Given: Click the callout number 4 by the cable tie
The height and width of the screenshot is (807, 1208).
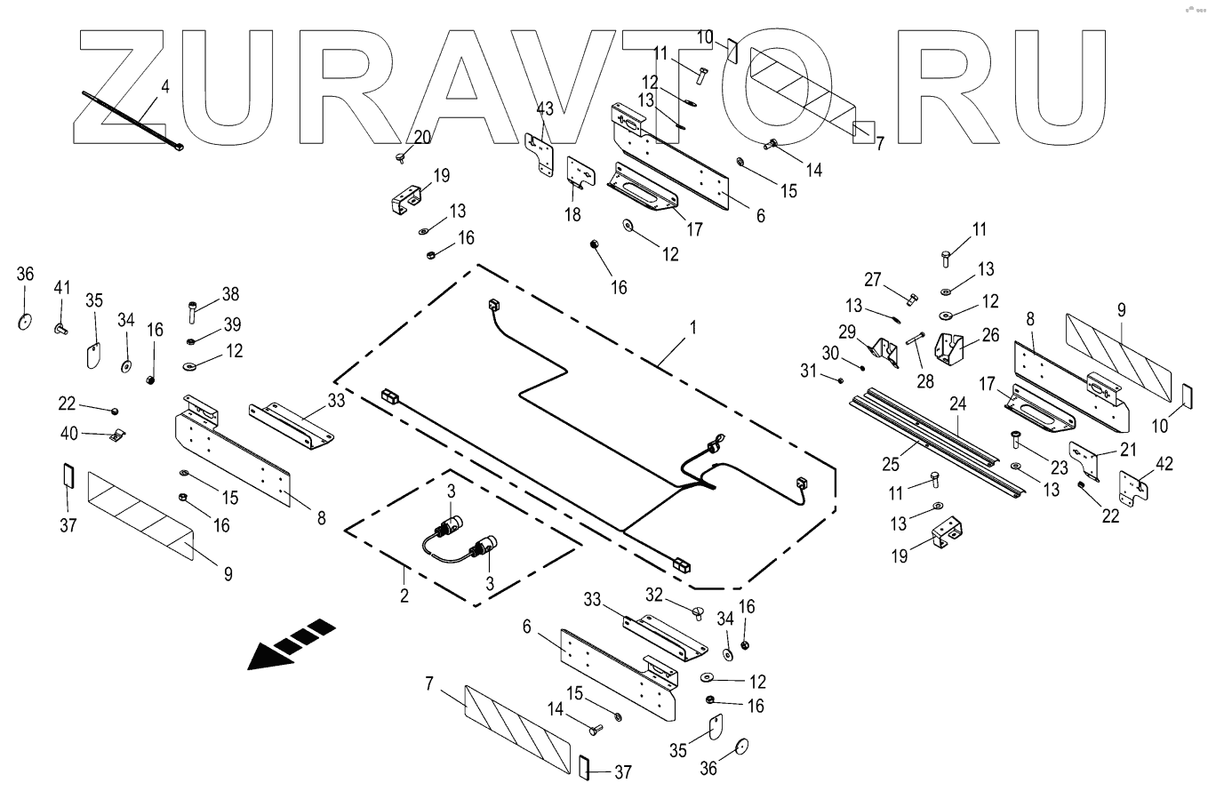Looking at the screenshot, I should pyautogui.click(x=164, y=87).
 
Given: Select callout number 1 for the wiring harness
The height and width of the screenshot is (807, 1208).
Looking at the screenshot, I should pyautogui.click(x=693, y=328).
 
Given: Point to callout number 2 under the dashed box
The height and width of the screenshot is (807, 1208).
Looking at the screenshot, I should pyautogui.click(x=404, y=595).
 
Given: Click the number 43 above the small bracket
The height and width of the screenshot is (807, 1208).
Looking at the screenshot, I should pyautogui.click(x=544, y=108).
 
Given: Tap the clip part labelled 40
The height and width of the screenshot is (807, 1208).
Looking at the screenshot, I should pyautogui.click(x=115, y=435).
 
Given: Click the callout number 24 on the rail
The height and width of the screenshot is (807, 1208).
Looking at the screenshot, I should pyautogui.click(x=957, y=403).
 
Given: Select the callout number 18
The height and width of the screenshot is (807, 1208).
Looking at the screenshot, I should pyautogui.click(x=572, y=214).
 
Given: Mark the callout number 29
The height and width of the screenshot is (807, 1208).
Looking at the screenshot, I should pyautogui.click(x=847, y=332).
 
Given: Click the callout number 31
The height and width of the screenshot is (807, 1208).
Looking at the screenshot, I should pyautogui.click(x=807, y=371).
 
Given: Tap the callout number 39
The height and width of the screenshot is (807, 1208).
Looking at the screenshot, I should pyautogui.click(x=233, y=324).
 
